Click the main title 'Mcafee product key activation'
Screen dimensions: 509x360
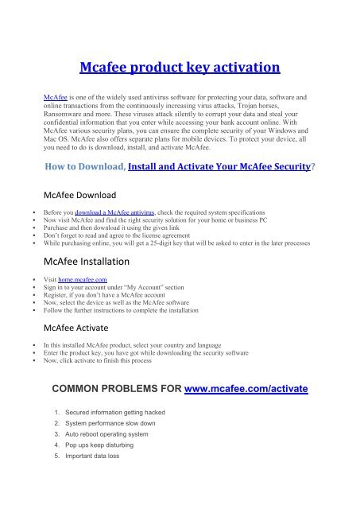pyautogui.click(x=180, y=67)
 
